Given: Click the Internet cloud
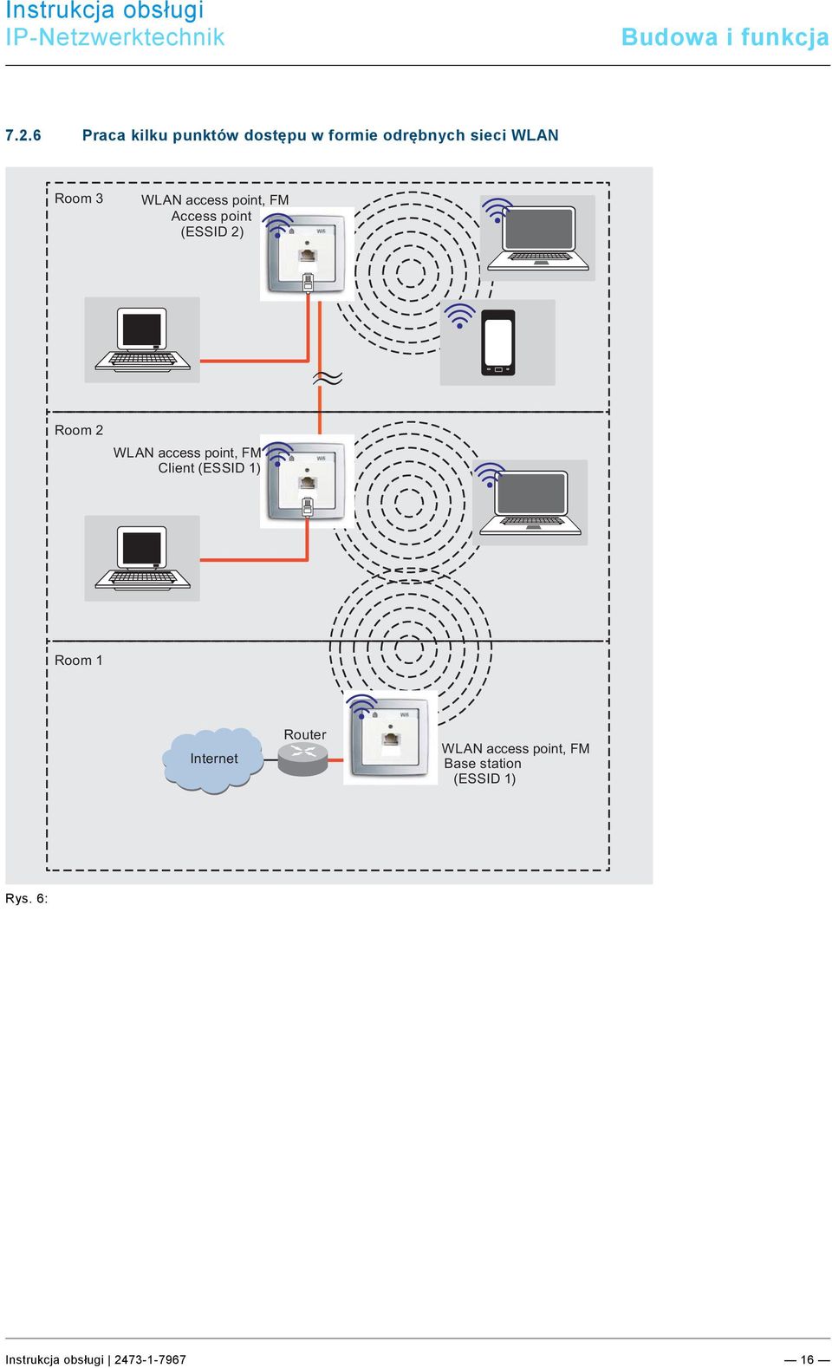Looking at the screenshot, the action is click(212, 759).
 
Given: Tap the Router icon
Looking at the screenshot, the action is click(302, 759).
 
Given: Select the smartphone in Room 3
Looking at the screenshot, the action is click(498, 342).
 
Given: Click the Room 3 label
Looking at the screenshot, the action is click(79, 199).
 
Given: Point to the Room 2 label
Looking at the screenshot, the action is click(79, 430).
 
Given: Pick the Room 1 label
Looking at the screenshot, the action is click(79, 661).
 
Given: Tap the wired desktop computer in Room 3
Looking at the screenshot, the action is click(142, 340).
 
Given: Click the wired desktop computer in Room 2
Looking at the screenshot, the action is click(142, 557).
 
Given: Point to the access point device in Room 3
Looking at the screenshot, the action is click(307, 254).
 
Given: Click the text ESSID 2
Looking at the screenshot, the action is click(211, 231).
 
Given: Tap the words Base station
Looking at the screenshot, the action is click(483, 764).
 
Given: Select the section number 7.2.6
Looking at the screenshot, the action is click(23, 135).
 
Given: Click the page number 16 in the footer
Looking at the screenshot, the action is click(807, 1359).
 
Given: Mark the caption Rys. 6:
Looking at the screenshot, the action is click(26, 898).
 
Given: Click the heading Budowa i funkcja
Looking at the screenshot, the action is click(725, 37).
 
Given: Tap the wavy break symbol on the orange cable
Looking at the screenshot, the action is click(328, 379).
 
